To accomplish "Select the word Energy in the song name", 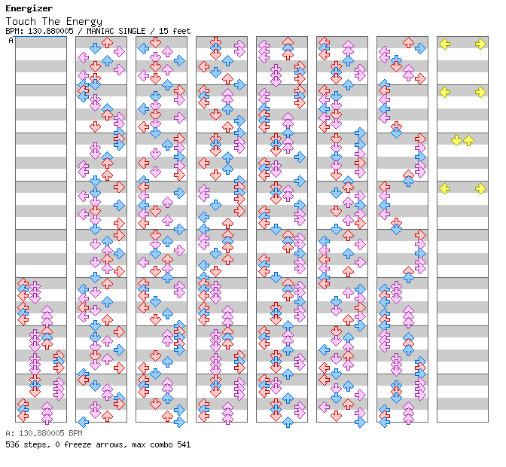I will tap(85, 21).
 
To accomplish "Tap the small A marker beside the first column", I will tap(11, 40).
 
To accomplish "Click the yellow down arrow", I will tap(456, 141).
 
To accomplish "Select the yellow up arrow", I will tap(468, 141).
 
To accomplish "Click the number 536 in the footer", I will tap(12, 444).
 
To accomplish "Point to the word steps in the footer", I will tap(35, 444).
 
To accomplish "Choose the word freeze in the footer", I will tap(74, 444).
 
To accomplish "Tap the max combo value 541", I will tap(184, 444).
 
